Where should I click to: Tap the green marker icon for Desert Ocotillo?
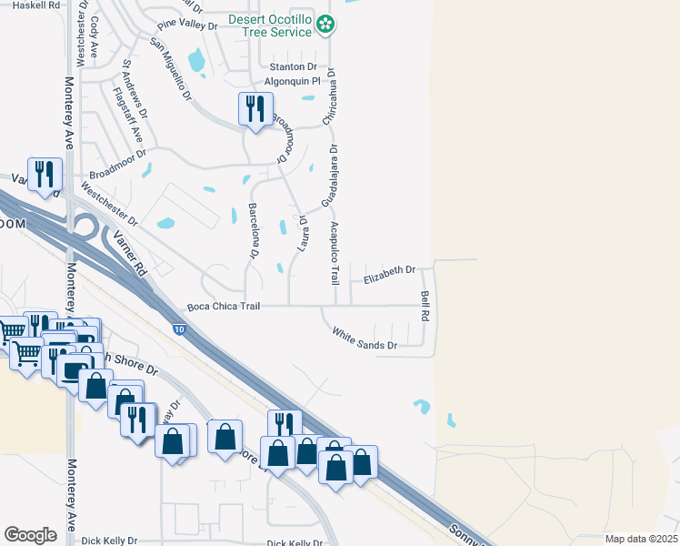[x=325, y=26]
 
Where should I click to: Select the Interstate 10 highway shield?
[x=180, y=328]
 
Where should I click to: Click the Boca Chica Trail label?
[x=224, y=307]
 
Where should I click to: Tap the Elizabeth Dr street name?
[x=389, y=270]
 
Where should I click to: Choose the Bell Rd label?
[x=425, y=305]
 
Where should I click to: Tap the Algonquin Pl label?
[x=293, y=81]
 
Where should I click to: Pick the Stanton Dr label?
[x=293, y=67]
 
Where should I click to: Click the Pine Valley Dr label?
[x=187, y=26]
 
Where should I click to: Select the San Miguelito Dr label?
[x=171, y=69]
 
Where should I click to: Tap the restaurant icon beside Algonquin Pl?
[x=254, y=109]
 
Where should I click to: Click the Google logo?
[x=31, y=535]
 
